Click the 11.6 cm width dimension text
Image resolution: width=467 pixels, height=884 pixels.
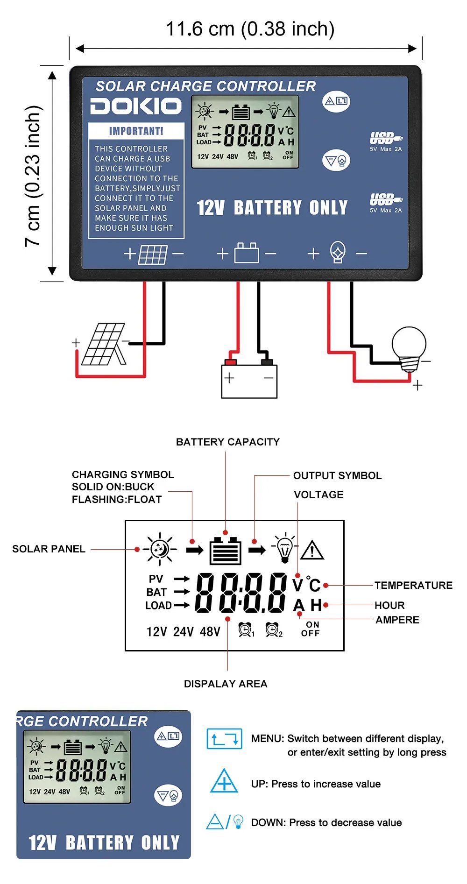[x=250, y=29]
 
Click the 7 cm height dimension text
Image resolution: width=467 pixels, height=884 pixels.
[x=34, y=176]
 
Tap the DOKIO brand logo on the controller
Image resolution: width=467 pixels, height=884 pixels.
[x=136, y=106]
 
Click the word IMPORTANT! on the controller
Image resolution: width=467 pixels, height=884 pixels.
[x=136, y=131]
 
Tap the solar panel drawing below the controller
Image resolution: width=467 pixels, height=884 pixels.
[x=104, y=345]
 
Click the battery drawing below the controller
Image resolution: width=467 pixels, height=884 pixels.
[x=249, y=381]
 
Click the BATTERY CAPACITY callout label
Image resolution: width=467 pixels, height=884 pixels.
[x=228, y=442]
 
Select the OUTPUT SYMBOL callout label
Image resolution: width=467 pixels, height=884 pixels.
[x=337, y=475]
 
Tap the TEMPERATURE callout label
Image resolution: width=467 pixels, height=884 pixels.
[x=413, y=585]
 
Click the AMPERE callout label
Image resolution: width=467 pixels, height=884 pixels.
[x=397, y=620]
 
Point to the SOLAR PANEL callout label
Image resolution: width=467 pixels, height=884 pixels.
[x=49, y=549]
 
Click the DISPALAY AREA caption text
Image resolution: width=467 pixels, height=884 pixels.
[x=226, y=684]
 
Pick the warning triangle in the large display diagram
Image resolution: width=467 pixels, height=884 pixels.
[x=312, y=550]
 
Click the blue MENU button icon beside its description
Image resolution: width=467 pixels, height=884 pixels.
[x=224, y=739]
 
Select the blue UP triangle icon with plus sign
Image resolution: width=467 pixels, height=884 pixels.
[x=224, y=781]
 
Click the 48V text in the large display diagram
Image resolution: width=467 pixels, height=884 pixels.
[x=210, y=632]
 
